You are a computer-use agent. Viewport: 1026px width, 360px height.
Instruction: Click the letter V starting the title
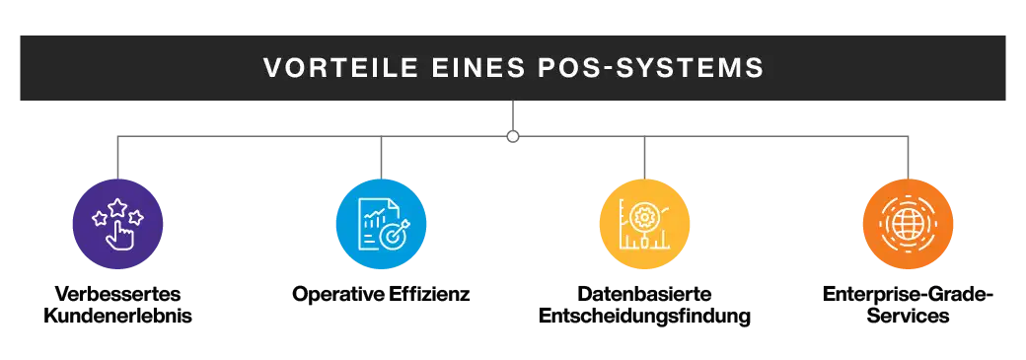(x=271, y=68)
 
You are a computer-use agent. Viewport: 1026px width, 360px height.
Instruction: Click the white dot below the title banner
(x=513, y=135)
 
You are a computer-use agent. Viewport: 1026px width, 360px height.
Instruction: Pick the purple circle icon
(x=118, y=225)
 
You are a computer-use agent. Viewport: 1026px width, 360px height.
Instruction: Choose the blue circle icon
(x=381, y=225)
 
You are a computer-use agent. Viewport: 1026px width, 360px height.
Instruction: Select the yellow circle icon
(x=644, y=225)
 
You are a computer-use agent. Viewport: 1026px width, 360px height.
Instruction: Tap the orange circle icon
(x=908, y=225)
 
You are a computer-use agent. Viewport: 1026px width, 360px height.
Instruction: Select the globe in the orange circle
(x=908, y=225)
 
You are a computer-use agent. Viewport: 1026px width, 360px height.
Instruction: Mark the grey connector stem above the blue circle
(x=382, y=158)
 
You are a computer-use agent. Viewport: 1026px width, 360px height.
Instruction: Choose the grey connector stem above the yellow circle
(x=643, y=158)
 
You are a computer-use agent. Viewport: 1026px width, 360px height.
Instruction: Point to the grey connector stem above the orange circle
(x=908, y=158)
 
